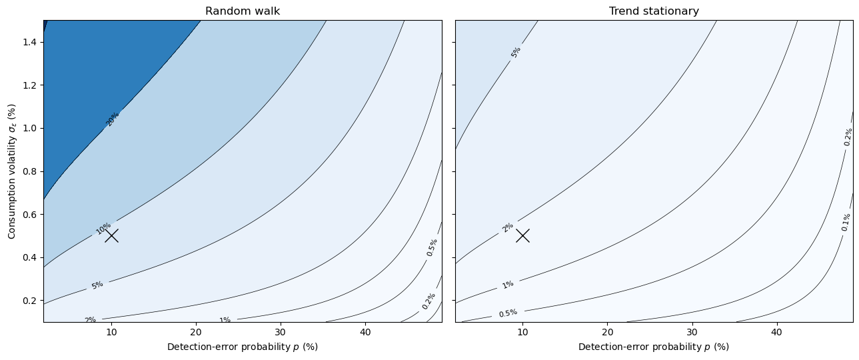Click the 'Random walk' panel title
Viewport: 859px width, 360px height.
[x=243, y=11]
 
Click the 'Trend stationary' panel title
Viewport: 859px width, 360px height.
[x=654, y=11]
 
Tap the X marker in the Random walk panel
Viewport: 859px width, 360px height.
[x=111, y=235]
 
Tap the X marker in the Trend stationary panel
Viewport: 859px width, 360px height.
[x=522, y=235]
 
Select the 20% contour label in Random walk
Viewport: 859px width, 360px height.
[x=113, y=119]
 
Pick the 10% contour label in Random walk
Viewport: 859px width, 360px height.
[x=103, y=229]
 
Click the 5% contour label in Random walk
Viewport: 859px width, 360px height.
[x=97, y=285]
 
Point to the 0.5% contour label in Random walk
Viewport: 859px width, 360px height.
[x=432, y=247]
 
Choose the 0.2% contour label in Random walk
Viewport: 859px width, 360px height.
[x=429, y=301]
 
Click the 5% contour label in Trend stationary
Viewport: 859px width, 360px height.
[x=516, y=53]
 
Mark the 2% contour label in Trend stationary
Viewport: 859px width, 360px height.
[x=508, y=228]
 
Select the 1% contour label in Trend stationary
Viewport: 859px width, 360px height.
[x=508, y=285]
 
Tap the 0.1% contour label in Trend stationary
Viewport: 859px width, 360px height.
[x=846, y=222]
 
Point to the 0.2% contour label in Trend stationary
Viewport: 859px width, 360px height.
[x=848, y=137]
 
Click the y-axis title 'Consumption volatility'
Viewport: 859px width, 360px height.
[x=11, y=171]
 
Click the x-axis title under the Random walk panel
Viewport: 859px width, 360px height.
[x=243, y=347]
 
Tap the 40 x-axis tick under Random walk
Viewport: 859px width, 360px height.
[x=366, y=332]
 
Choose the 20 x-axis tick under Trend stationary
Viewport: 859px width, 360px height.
[x=607, y=332]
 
